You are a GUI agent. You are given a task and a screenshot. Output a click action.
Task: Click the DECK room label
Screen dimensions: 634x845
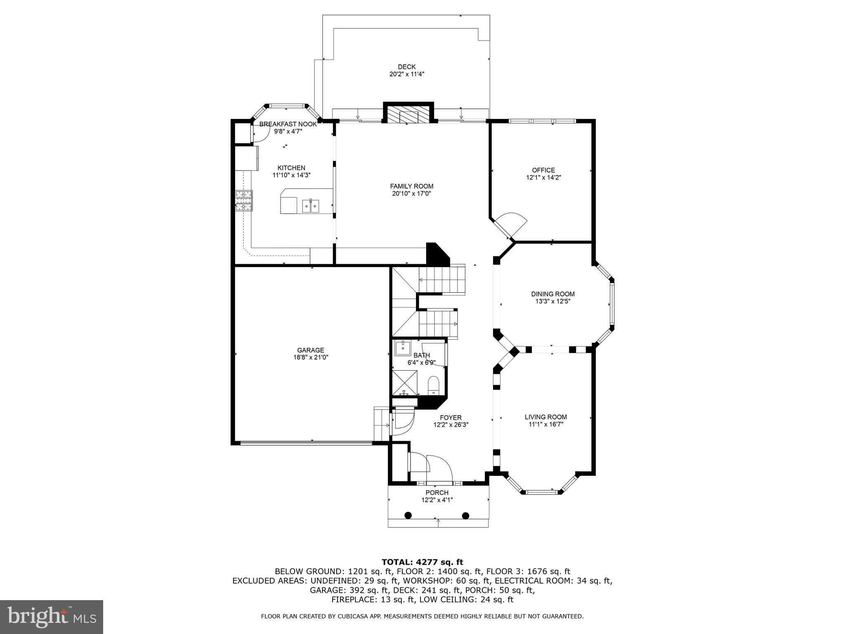coord(406,67)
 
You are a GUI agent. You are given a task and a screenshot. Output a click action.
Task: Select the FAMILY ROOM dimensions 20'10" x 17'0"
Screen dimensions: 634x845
coord(411,194)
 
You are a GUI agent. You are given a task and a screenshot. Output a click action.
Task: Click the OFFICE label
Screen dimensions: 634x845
coord(543,170)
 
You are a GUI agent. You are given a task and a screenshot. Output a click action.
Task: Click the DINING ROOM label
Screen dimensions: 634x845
coord(552,294)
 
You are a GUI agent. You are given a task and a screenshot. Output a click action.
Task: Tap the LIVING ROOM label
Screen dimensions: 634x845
coord(545,417)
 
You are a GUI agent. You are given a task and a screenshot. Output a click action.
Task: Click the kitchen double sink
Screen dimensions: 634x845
coord(310,205)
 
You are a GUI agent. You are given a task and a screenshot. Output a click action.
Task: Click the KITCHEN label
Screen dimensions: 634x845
coord(291,168)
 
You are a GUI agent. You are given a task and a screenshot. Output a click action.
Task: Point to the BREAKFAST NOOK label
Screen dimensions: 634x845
coord(288,124)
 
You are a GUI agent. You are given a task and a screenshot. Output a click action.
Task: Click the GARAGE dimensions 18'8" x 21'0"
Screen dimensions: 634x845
coord(310,357)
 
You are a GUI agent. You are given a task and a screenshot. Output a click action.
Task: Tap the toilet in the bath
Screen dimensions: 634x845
coord(433,384)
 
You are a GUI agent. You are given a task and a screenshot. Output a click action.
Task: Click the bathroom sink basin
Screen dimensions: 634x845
coord(402,348)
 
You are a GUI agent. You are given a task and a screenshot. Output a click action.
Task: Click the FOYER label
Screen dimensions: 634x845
coord(451,417)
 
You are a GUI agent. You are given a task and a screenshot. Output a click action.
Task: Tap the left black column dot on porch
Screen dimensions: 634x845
coord(408,515)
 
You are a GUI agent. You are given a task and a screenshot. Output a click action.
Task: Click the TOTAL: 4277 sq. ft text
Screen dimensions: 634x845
coord(422,562)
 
